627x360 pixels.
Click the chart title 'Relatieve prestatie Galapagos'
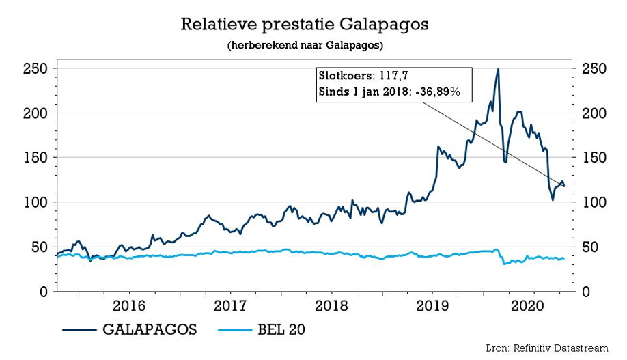coord(304,26)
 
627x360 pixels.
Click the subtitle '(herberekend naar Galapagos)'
coord(304,46)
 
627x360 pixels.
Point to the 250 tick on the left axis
coord(35,69)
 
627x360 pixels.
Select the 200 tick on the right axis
coord(593,113)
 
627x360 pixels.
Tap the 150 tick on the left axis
coord(35,158)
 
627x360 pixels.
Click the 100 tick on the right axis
coord(593,203)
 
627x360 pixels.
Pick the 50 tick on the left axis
coord(39,247)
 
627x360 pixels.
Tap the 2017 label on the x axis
coord(230,305)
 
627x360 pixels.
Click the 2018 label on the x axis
coord(331,305)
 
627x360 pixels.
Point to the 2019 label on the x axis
coord(432,305)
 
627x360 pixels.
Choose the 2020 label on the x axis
coord(533,305)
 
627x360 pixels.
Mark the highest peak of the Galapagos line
coord(498,69)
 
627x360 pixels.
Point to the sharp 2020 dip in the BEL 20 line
coord(504,264)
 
